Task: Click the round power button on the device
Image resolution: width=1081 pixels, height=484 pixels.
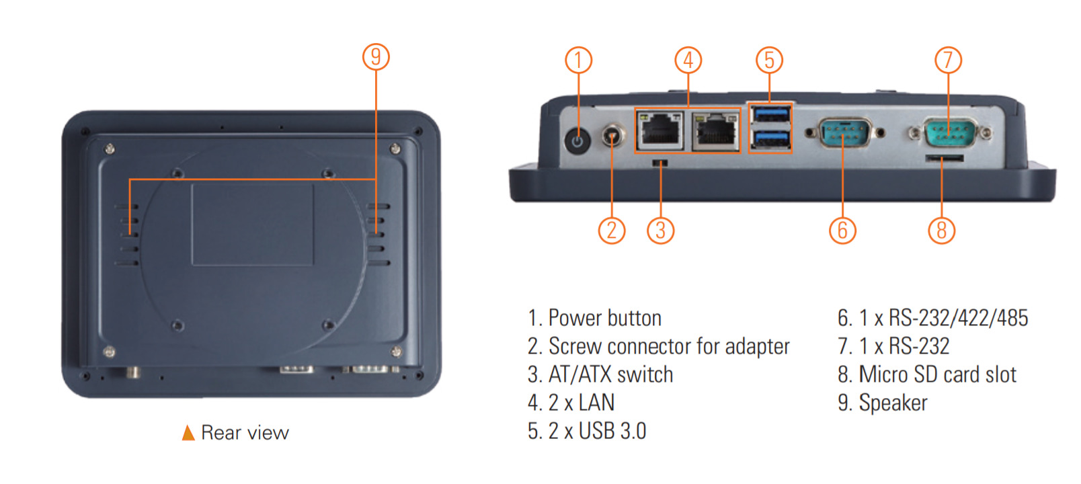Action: [577, 141]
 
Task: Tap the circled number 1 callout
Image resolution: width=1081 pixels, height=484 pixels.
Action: [578, 61]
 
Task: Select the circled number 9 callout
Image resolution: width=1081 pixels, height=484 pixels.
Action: [376, 56]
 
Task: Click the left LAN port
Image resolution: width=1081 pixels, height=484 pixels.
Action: [659, 130]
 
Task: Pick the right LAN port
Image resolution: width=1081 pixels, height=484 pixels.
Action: [716, 130]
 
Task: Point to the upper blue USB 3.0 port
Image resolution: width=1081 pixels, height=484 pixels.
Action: [770, 114]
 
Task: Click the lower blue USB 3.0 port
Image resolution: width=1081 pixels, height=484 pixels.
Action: [770, 138]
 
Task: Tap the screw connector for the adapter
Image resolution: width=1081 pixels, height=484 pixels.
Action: [611, 134]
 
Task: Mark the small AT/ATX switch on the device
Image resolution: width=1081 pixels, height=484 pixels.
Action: [660, 163]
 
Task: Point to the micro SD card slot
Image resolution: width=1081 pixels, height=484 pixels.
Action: [944, 159]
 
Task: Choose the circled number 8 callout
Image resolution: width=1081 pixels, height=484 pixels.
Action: [941, 231]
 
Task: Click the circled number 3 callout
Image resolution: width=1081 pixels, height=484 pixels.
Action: [660, 231]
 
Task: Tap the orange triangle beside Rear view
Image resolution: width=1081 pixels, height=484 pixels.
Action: [188, 433]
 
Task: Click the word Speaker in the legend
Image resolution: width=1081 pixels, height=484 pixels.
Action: [893, 403]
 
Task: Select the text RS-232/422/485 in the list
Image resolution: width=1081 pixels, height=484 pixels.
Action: [958, 317]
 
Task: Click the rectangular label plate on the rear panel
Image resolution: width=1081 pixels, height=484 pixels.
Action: [252, 224]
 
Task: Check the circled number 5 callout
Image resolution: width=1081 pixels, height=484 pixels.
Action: [769, 60]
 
